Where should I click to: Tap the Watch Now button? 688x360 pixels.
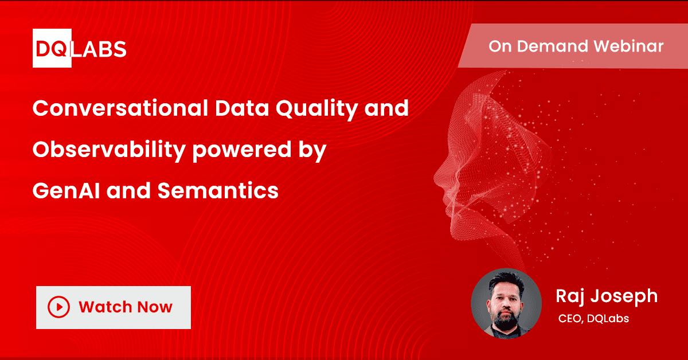113,307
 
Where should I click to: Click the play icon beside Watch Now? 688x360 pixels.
59,307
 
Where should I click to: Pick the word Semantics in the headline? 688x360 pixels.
218,190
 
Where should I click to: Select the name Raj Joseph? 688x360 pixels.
606,296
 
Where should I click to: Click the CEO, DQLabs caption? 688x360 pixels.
593,319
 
